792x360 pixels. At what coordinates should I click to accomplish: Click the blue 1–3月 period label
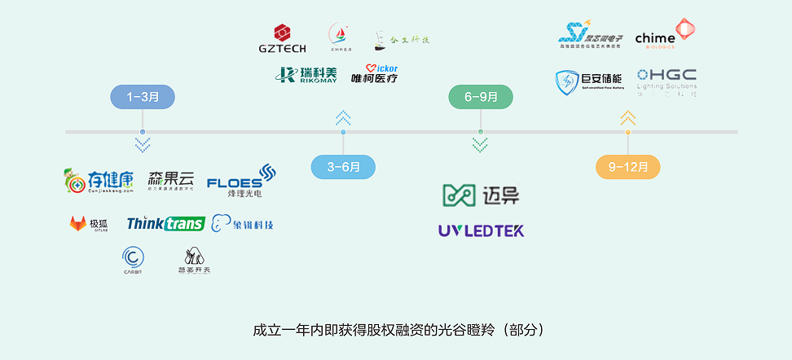pyautogui.click(x=143, y=97)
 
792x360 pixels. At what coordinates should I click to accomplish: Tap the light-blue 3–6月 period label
pyautogui.click(x=343, y=167)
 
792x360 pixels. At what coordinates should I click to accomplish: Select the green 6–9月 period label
pyautogui.click(x=481, y=97)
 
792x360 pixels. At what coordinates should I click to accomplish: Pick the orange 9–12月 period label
pyautogui.click(x=627, y=167)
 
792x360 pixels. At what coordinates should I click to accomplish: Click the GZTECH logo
pyautogui.click(x=283, y=38)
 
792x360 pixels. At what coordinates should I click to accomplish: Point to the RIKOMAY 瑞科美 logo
pyautogui.click(x=306, y=75)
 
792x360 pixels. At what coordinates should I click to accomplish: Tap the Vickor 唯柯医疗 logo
pyautogui.click(x=374, y=74)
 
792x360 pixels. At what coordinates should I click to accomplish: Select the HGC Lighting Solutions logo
pyautogui.click(x=667, y=81)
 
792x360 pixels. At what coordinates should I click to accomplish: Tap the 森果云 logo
pyautogui.click(x=171, y=180)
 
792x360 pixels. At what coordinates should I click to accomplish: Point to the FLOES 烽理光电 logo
pyautogui.click(x=242, y=182)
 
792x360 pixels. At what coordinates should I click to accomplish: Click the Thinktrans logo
pyautogui.click(x=165, y=223)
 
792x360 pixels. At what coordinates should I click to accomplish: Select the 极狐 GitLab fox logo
pyautogui.click(x=89, y=223)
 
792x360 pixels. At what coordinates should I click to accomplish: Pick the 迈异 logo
pyautogui.click(x=481, y=195)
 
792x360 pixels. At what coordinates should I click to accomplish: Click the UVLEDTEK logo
pyautogui.click(x=481, y=230)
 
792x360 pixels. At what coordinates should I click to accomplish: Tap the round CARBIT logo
pyautogui.click(x=133, y=260)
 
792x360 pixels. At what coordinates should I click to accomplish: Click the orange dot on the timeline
pyautogui.click(x=627, y=132)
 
